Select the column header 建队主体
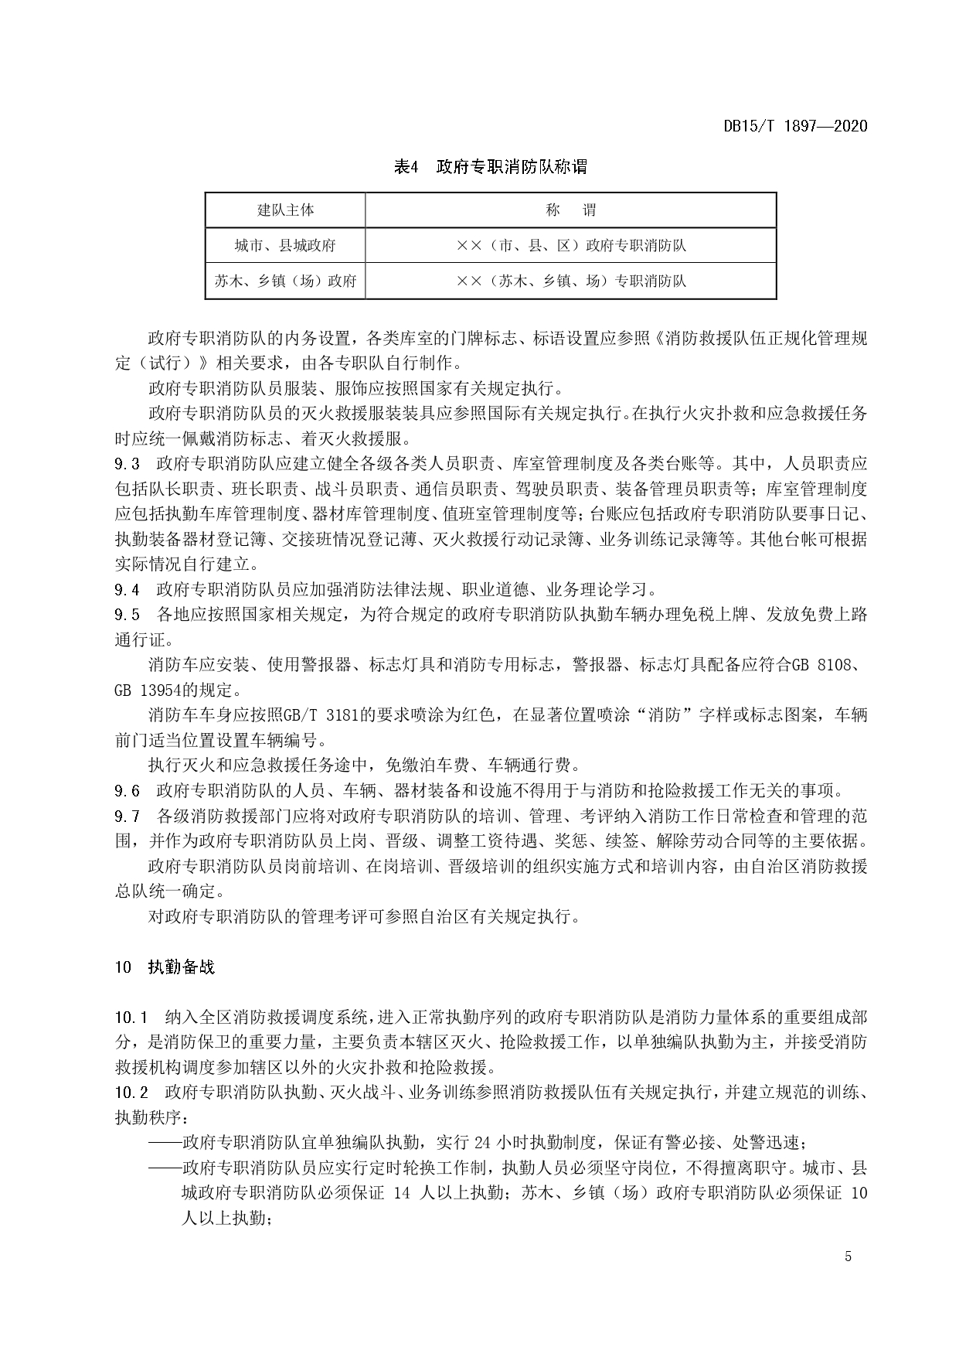[285, 210]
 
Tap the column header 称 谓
[570, 210]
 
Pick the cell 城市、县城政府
[285, 246]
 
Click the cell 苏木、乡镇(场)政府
[285, 281]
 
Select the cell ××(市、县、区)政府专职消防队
[570, 246]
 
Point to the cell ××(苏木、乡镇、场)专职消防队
[570, 281]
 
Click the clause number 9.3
[127, 464]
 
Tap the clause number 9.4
[127, 590]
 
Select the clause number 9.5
[127, 615]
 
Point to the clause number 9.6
[127, 790]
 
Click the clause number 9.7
[127, 816]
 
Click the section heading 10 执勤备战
[165, 967]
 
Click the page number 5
[848, 1256]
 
